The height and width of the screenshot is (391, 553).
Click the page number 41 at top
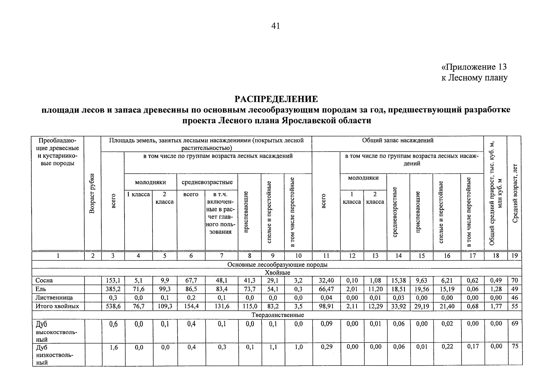click(x=275, y=26)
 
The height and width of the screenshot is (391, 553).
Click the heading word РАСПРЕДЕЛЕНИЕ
click(x=276, y=99)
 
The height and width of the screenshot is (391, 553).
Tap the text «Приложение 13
click(x=474, y=67)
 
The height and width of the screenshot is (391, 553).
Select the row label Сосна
click(x=44, y=281)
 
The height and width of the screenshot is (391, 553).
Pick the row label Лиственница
click(x=54, y=298)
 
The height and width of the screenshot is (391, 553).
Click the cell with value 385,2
click(x=113, y=289)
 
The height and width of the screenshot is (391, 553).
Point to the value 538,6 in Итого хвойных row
click(x=113, y=307)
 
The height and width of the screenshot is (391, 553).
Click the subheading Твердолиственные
click(x=278, y=315)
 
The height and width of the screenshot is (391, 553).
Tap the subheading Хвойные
click(x=277, y=273)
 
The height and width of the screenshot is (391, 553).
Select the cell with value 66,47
click(x=326, y=289)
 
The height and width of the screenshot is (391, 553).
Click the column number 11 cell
click(x=326, y=256)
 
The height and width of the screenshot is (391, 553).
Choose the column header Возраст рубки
click(x=93, y=194)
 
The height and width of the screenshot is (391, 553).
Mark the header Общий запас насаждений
click(x=398, y=141)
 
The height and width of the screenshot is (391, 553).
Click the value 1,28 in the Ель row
click(x=496, y=289)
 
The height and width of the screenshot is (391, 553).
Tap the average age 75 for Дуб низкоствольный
click(x=515, y=347)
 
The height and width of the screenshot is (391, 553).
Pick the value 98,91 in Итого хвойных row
click(x=326, y=307)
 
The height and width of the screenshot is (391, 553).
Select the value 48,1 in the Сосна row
click(x=221, y=281)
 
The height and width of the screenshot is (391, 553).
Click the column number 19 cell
click(x=515, y=256)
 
